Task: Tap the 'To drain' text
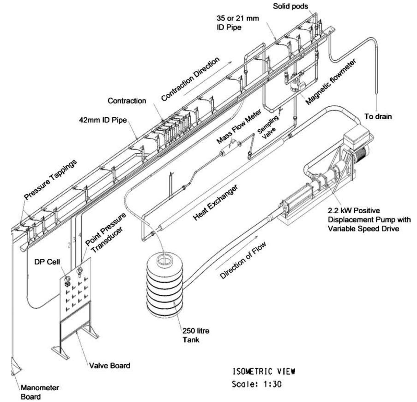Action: [378, 116]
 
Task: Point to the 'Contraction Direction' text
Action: [190, 79]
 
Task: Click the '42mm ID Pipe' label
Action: [101, 120]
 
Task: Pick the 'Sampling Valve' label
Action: [270, 124]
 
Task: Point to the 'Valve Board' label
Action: [109, 365]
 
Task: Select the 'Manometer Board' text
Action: [40, 392]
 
